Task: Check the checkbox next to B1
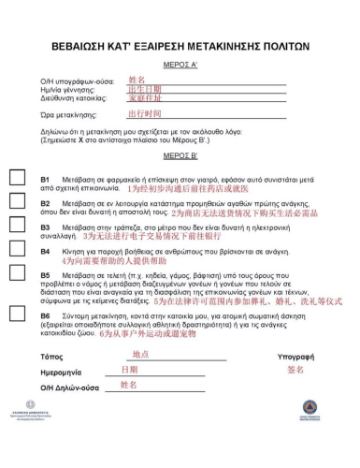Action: pos(17,180)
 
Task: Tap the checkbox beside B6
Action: pos(17,320)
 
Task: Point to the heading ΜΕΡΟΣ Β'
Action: pos(180,155)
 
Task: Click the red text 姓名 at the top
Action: pos(137,80)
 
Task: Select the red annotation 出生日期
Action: pos(144,89)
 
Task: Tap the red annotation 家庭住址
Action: pos(144,97)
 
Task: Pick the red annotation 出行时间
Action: pos(144,112)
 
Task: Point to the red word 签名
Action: pos(295,371)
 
